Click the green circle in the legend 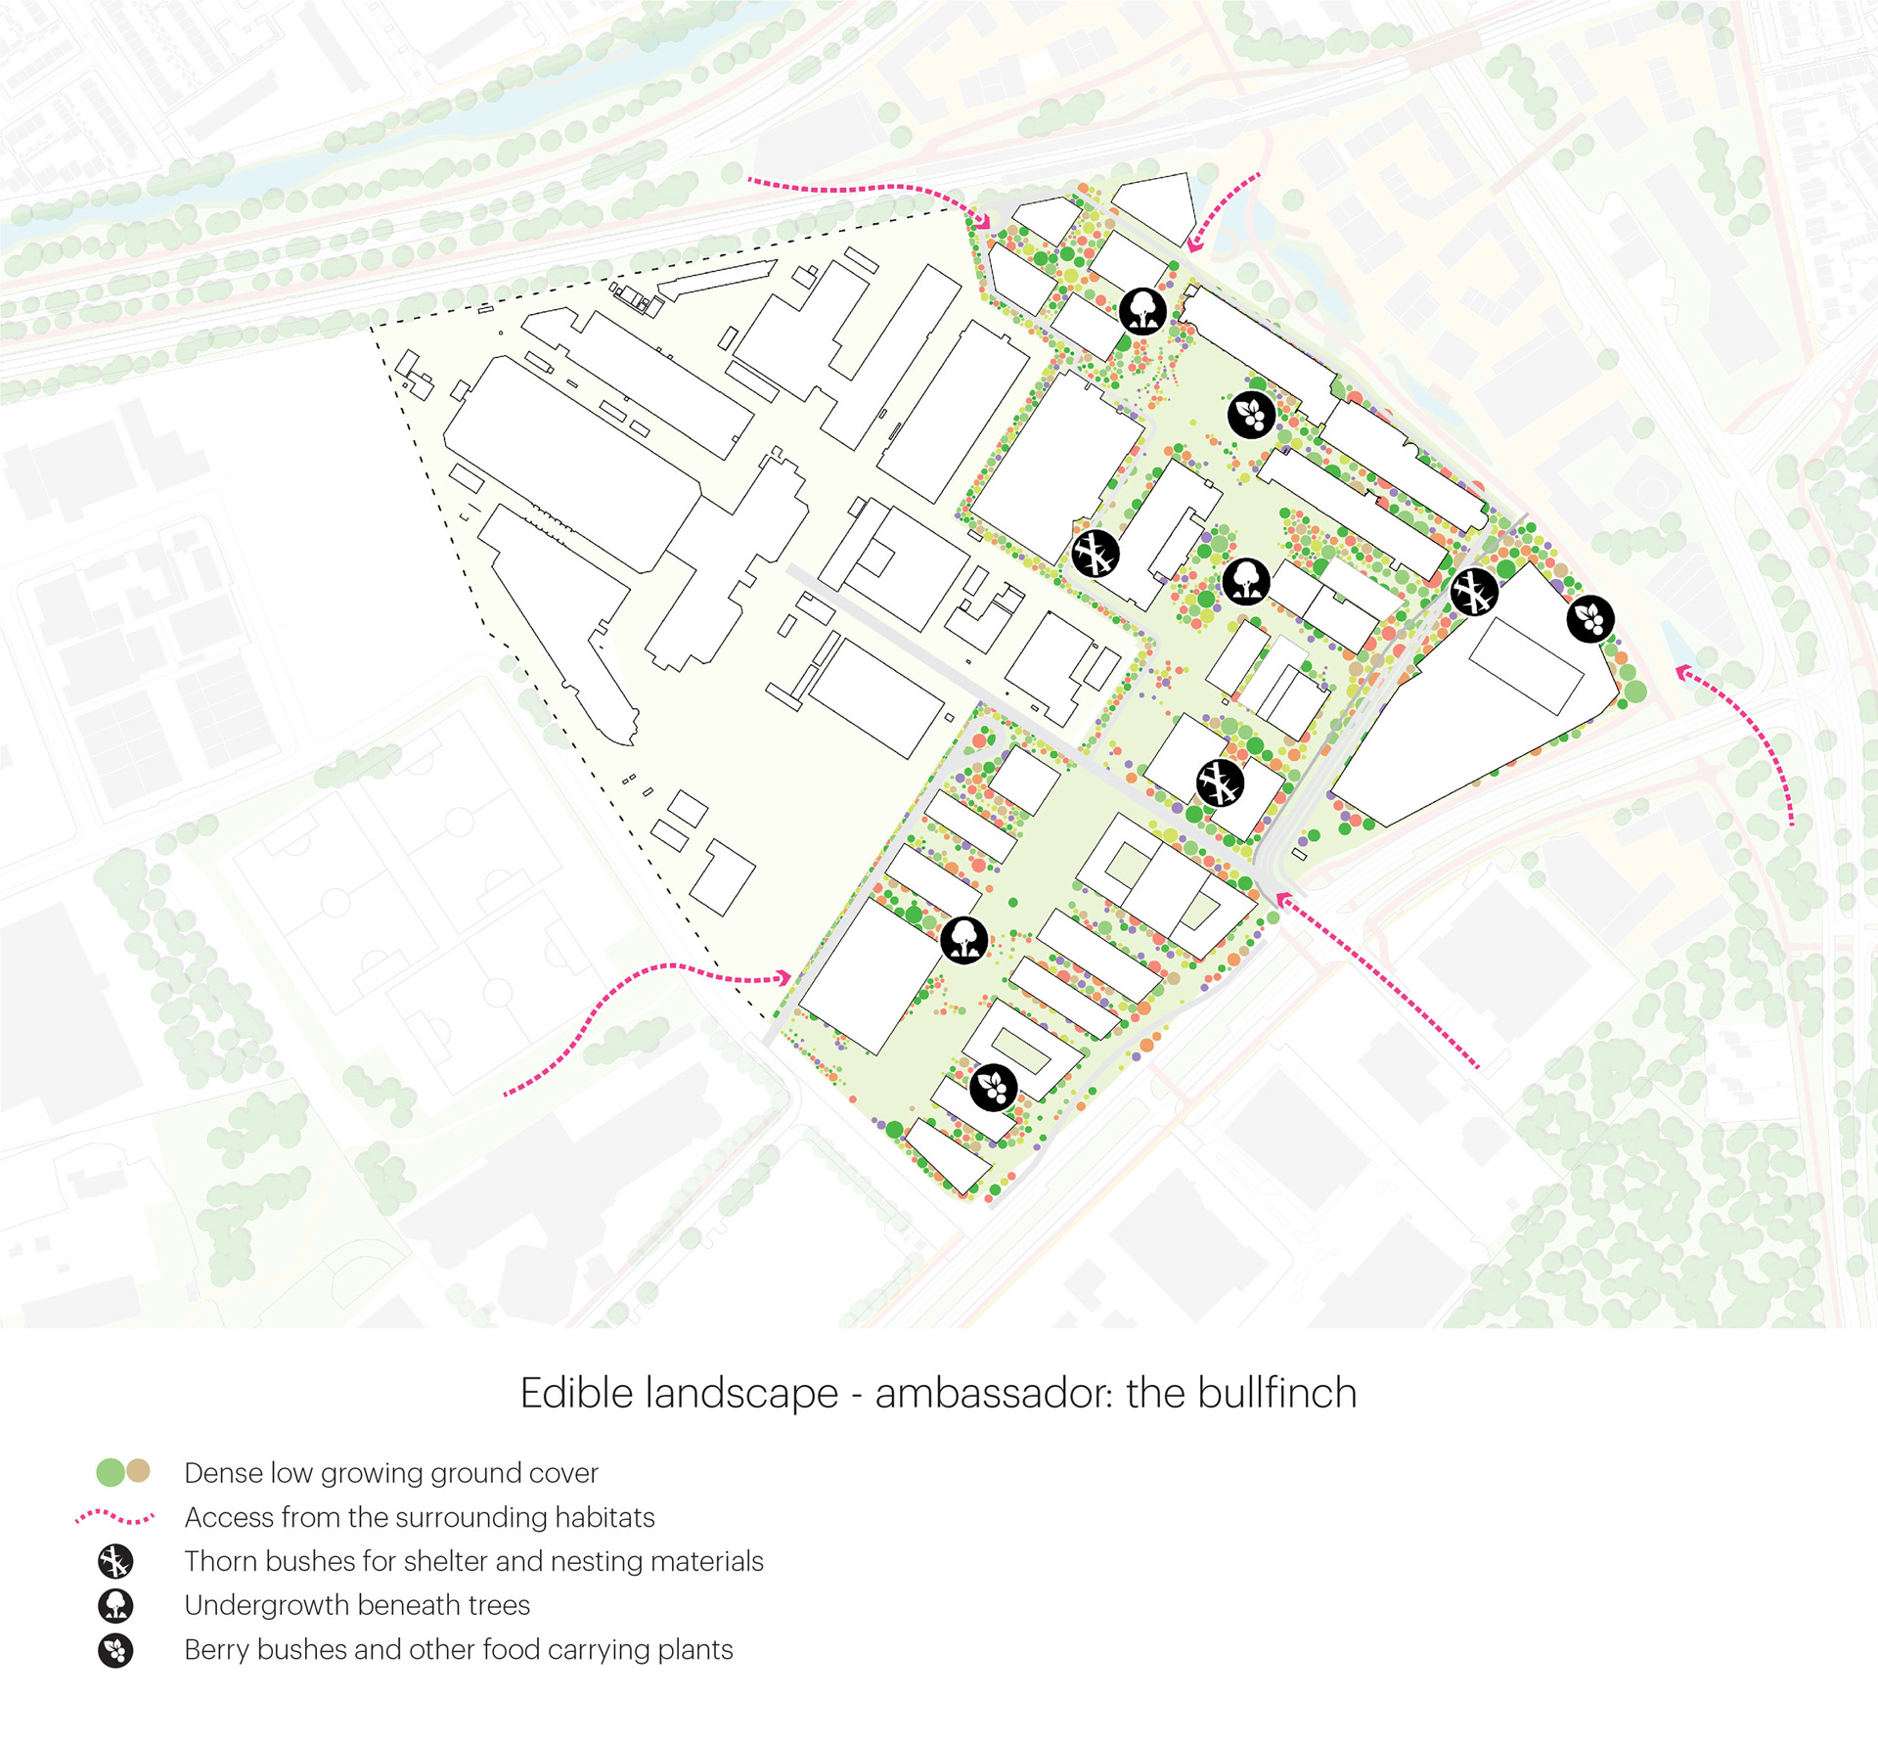(x=111, y=1471)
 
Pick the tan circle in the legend (x=139, y=1470)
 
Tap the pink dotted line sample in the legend (x=114, y=1517)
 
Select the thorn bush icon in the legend (x=115, y=1561)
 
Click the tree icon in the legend (x=115, y=1605)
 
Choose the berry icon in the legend (x=115, y=1650)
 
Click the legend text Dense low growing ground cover (x=390, y=1472)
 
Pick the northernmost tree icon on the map (x=1142, y=311)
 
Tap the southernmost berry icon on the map (x=994, y=1087)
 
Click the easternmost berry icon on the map (x=1590, y=618)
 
